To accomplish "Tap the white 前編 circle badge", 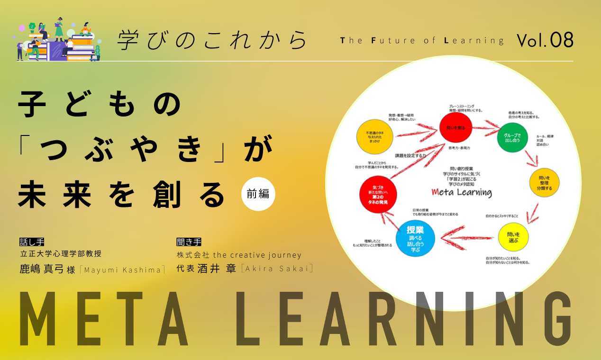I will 258,193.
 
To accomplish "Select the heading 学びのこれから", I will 212,41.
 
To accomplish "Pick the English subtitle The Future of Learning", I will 422,41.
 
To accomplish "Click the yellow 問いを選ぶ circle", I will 513,236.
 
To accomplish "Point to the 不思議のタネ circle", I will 376,136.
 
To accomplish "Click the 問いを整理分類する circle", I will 545,182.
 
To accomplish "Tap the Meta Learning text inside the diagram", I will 462,192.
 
